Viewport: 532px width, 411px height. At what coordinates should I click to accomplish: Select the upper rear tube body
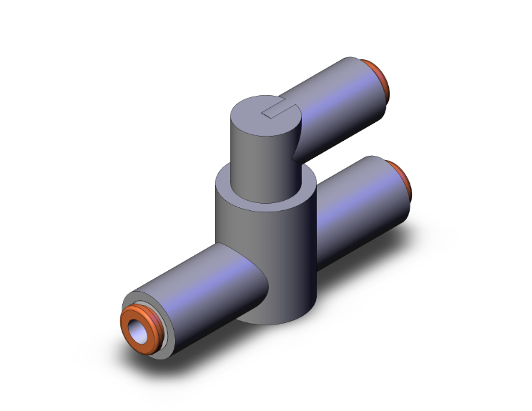pyautogui.click(x=336, y=100)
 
